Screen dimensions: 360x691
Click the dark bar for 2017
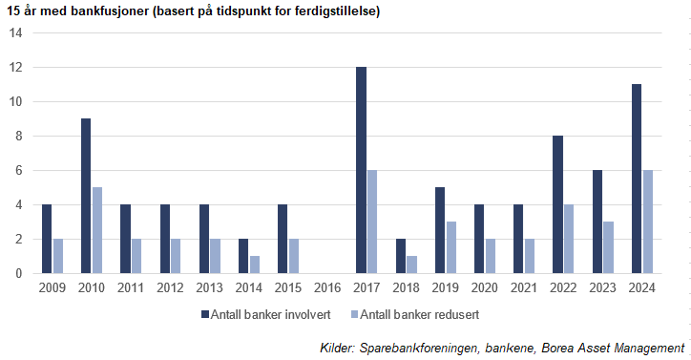point(361,170)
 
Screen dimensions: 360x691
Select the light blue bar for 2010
point(97,230)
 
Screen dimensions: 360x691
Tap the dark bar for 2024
point(637,179)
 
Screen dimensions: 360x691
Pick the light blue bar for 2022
point(569,239)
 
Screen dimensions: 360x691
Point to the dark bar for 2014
point(243,256)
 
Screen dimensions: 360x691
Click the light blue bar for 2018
point(412,265)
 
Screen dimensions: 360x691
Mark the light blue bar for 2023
point(608,247)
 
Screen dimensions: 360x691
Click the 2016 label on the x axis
point(327,286)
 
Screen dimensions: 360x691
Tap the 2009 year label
point(52,286)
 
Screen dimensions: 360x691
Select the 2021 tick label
point(524,286)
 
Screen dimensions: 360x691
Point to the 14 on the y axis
point(15,33)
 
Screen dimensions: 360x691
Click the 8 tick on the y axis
point(17,137)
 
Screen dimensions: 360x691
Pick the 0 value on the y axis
point(17,274)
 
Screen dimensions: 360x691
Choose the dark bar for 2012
point(165,239)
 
